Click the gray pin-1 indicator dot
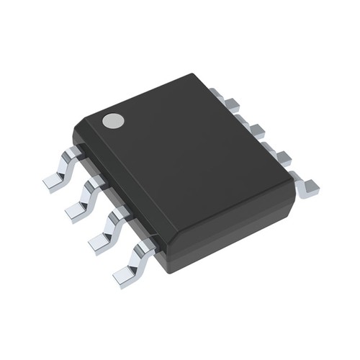[x=112, y=121]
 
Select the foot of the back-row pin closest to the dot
[x=217, y=94]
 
